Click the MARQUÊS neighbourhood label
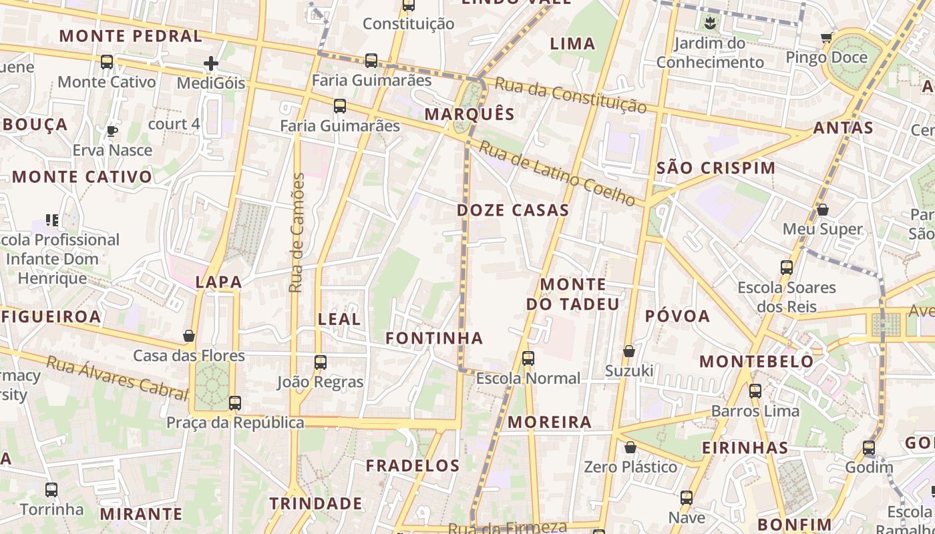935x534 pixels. coord(470,114)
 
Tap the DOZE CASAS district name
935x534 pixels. coord(513,210)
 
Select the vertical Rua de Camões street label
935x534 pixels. coord(297,232)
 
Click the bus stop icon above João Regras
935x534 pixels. coord(321,362)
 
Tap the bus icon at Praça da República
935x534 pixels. coord(234,403)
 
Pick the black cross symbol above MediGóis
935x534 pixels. coord(211,63)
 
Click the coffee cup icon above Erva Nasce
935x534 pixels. coord(112,131)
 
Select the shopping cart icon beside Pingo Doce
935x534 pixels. coord(827,37)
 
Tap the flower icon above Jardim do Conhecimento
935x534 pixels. coord(709,24)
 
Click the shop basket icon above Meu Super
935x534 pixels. coord(823,210)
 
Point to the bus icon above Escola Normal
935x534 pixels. coord(528,358)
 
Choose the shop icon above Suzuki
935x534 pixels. coord(628,351)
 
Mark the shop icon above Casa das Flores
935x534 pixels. coord(189,336)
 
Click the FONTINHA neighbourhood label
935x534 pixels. coord(434,338)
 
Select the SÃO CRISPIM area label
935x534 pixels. coord(716,168)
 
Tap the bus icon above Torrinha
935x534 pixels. coord(51,490)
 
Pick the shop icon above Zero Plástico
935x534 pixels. coord(630,447)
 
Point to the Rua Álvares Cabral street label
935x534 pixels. coord(117,378)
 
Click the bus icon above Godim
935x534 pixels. coord(869,448)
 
